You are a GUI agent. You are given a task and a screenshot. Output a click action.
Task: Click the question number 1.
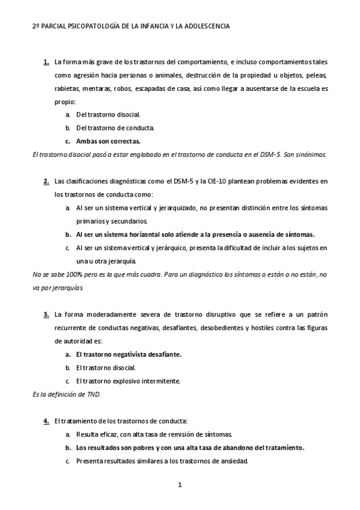(46, 62)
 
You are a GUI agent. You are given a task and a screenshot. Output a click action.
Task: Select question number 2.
(46, 181)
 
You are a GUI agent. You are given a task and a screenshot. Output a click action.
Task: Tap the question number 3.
(46, 314)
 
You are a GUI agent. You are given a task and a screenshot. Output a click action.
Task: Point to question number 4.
(46, 420)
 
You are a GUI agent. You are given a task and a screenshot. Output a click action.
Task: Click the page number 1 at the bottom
(180, 484)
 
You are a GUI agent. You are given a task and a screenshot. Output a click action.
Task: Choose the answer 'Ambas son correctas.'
(108, 141)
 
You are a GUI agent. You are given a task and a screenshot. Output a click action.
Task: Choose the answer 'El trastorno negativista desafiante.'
(129, 354)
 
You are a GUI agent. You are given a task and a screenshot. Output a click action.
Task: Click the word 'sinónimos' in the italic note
(312, 155)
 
